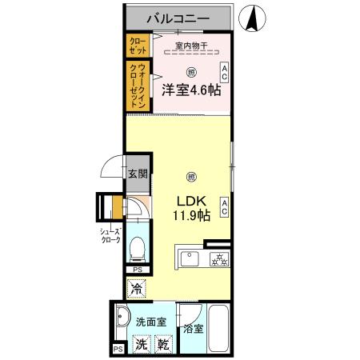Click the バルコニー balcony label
pos(178,17)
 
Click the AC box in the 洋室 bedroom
pos(225,73)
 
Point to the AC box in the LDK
pos(225,207)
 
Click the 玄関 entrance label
pos(137,174)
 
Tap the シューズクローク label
pos(110,235)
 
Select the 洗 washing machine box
pos(140,346)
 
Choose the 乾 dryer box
pos(163,346)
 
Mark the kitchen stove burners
pos(219,259)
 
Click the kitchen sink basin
pos(191,258)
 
